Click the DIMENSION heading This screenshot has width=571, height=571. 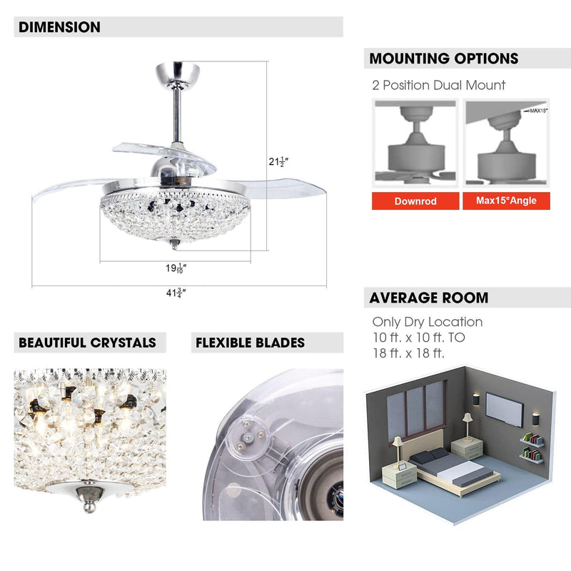click(x=59, y=28)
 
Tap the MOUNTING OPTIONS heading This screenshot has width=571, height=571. click(x=443, y=59)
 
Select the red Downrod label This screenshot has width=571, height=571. click(x=415, y=201)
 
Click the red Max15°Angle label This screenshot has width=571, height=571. click(x=507, y=201)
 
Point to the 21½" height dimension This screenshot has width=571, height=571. click(x=278, y=162)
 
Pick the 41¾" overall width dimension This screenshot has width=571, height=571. click(x=176, y=292)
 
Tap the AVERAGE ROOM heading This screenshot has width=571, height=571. click(x=429, y=298)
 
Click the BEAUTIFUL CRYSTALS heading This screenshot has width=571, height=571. click(x=87, y=343)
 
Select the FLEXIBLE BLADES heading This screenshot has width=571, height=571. click(x=250, y=343)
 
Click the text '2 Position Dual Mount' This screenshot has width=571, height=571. click(x=438, y=85)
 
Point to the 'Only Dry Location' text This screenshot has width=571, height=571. click(x=427, y=322)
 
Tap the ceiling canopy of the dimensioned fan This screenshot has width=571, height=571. click(x=176, y=74)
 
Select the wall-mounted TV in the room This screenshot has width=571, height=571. click(x=504, y=408)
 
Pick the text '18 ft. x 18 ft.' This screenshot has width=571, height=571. click(x=408, y=353)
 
